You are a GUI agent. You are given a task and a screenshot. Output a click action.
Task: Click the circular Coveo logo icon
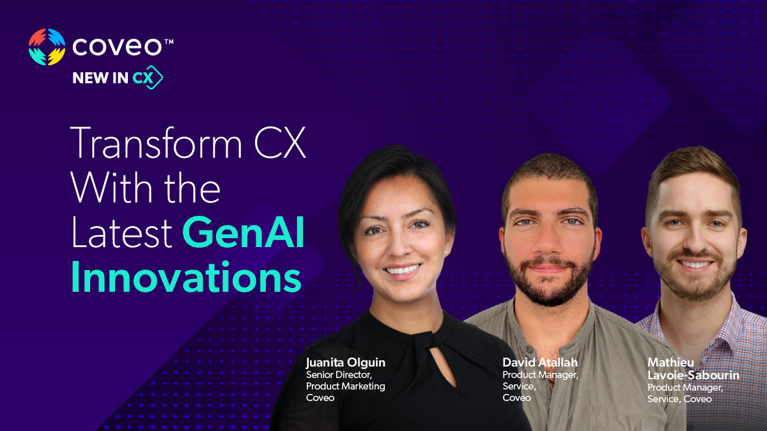pyautogui.click(x=47, y=47)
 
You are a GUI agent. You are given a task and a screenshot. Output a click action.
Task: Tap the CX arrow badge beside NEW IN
pyautogui.click(x=148, y=78)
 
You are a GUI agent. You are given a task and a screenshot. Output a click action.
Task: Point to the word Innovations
pyautogui.click(x=186, y=278)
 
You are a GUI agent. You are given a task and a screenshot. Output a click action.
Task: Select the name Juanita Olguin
pyautogui.click(x=345, y=363)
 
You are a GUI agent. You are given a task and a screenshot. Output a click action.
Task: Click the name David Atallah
pyautogui.click(x=539, y=363)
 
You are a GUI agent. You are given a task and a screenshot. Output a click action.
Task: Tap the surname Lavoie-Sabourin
pyautogui.click(x=693, y=375)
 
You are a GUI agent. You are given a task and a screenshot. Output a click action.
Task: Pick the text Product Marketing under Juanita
pyautogui.click(x=345, y=386)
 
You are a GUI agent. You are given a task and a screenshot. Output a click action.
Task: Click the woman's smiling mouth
pyautogui.click(x=402, y=269)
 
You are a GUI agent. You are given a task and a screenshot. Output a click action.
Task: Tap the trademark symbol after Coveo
pyautogui.click(x=169, y=42)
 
